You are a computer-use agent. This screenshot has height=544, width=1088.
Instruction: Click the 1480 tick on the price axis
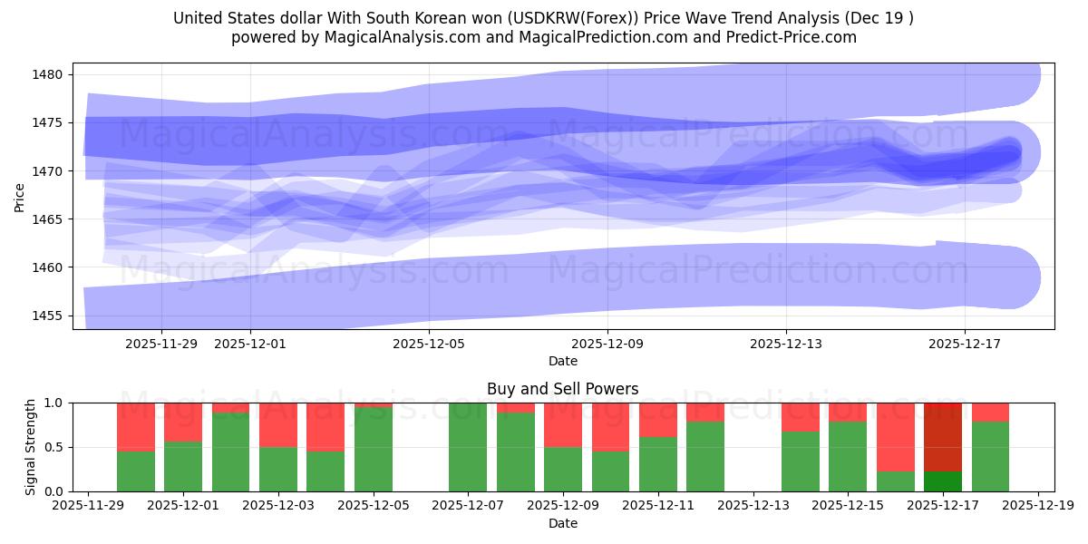point(47,74)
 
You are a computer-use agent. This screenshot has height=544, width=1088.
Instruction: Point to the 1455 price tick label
point(47,316)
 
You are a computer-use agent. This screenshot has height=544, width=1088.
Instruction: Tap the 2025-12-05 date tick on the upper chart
point(429,344)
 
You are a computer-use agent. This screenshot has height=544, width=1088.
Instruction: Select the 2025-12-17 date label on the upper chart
point(964,344)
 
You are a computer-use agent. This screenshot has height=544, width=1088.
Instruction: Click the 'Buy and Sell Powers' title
point(562,389)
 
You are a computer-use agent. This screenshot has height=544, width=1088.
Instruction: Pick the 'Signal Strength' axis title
point(32,447)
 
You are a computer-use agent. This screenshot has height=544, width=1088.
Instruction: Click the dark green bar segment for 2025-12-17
point(943,481)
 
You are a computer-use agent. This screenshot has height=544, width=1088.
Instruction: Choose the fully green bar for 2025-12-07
point(468,447)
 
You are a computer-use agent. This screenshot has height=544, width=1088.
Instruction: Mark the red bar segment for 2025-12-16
point(895,437)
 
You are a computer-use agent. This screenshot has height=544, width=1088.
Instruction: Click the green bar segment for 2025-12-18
point(990,457)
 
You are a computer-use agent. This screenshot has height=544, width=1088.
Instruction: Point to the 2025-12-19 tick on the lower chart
point(1037,507)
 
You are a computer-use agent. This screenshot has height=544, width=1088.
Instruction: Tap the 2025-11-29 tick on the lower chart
point(88,507)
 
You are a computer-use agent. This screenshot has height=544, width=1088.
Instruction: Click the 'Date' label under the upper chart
point(562,361)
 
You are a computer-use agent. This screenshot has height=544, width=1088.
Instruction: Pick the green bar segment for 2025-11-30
point(136,471)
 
